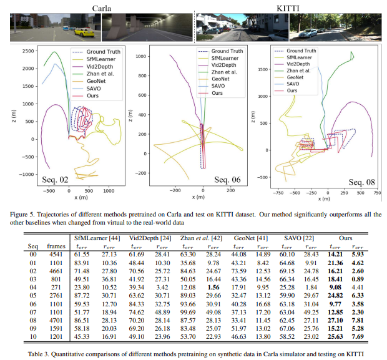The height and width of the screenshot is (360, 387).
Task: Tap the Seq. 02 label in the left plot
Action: click(x=56, y=182)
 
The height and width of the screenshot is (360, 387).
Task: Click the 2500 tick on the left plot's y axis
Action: click(x=27, y=51)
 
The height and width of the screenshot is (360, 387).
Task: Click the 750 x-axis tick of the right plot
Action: click(x=377, y=193)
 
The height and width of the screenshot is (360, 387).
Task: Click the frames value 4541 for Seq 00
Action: click(x=56, y=255)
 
